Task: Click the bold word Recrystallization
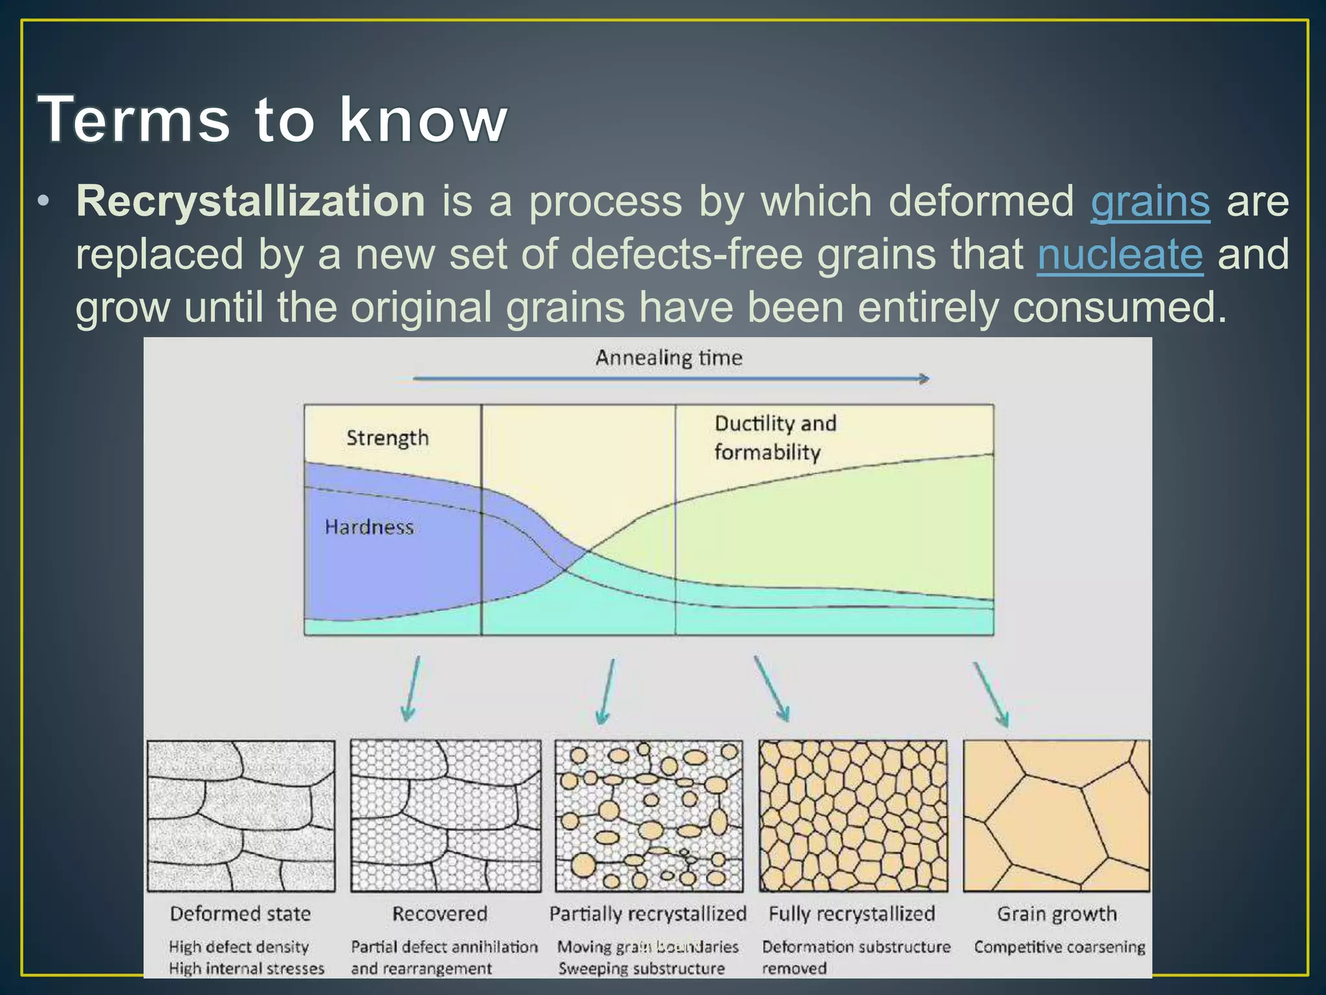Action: pyautogui.click(x=251, y=201)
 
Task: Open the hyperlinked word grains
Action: pyautogui.click(x=1150, y=202)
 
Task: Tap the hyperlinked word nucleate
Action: pyautogui.click(x=1119, y=254)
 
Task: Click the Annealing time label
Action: pyautogui.click(x=668, y=358)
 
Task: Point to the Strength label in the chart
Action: pyautogui.click(x=387, y=438)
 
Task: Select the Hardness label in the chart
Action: pyautogui.click(x=369, y=527)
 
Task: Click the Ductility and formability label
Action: pyautogui.click(x=774, y=438)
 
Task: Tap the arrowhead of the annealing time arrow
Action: pyautogui.click(x=925, y=378)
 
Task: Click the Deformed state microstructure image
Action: pyautogui.click(x=241, y=816)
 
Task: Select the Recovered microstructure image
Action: pyautogui.click(x=445, y=816)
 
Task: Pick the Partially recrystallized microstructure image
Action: pyautogui.click(x=649, y=816)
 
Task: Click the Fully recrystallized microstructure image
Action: pyautogui.click(x=853, y=816)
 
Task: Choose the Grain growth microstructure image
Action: pyautogui.click(x=1057, y=816)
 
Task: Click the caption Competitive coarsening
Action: pyautogui.click(x=1059, y=947)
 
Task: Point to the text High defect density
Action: pyautogui.click(x=238, y=947)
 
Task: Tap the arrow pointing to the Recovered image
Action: pyautogui.click(x=412, y=689)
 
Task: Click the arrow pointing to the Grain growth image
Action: pyautogui.click(x=992, y=693)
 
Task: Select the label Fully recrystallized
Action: pyautogui.click(x=851, y=913)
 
